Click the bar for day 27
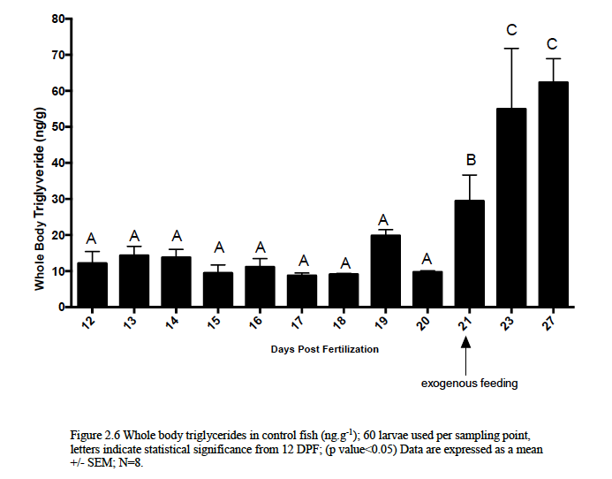coord(553,194)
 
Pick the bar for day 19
coord(386,270)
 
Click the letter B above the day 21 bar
coord(470,160)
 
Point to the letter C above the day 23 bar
coord(511,31)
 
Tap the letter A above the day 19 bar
coord(386,220)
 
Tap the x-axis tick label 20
coord(427,323)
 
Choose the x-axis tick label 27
coord(553,323)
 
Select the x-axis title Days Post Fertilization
coord(325,349)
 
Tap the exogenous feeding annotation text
coord(469,384)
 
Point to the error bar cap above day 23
coord(511,48)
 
